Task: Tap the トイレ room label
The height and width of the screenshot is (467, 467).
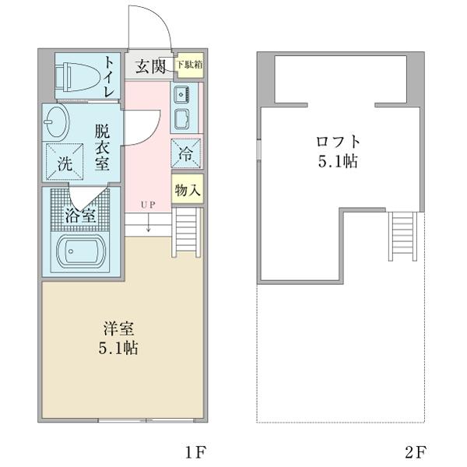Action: click(110, 76)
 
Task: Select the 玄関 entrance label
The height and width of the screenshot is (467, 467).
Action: click(151, 67)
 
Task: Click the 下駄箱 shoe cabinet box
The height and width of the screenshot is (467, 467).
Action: click(189, 65)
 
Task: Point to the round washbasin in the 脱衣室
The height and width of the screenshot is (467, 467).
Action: click(58, 122)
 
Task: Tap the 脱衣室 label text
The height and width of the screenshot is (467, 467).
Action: click(101, 148)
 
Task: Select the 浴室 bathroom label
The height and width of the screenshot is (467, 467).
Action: click(80, 216)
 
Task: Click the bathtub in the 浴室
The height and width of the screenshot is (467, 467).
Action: click(82, 252)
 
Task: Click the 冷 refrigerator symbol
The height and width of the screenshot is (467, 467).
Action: click(187, 153)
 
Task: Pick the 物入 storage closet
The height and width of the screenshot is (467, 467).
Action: click(188, 190)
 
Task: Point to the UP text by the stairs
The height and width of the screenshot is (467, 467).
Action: click(148, 205)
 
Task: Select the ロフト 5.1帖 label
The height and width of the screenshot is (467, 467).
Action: click(337, 151)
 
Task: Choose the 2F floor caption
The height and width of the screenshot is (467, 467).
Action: click(416, 451)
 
